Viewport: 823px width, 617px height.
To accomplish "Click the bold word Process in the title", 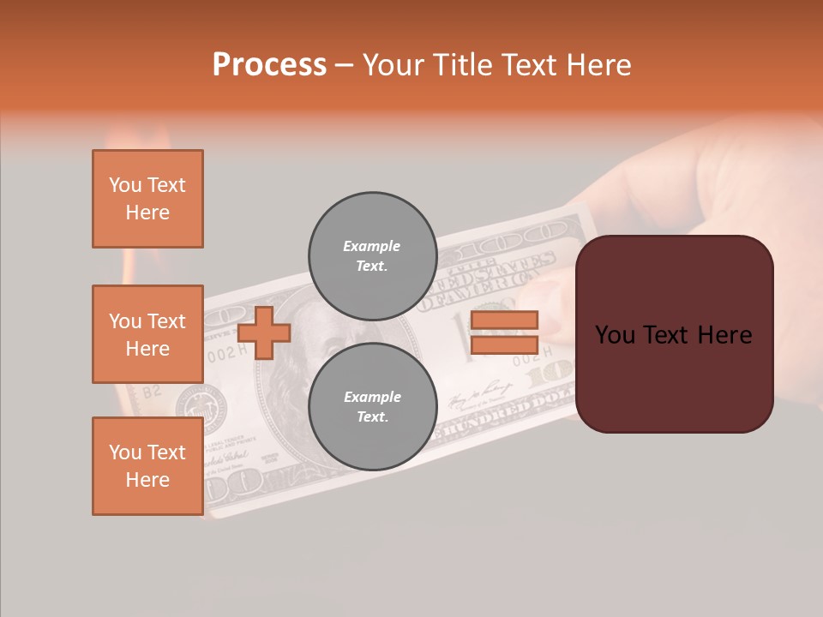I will pos(269,65).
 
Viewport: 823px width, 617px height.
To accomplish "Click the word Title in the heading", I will pos(462,65).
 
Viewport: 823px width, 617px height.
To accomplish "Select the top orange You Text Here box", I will pos(147,199).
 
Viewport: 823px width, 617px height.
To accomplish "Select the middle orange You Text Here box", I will pos(147,334).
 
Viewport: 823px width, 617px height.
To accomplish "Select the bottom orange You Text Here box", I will pos(147,466).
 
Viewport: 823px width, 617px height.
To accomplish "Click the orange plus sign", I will pos(264,332).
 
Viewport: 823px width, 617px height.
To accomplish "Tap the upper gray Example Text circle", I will pos(372,255).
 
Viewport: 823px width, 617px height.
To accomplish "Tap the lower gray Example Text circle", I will pos(372,406).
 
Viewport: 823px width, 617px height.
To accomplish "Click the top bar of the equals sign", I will pos(504,320).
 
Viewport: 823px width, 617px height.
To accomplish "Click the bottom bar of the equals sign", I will pos(504,344).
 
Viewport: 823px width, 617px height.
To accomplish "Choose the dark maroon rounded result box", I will pos(674,334).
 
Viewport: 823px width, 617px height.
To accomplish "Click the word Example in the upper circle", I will pos(372,246).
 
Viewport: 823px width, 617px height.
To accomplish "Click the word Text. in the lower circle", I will pos(372,416).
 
